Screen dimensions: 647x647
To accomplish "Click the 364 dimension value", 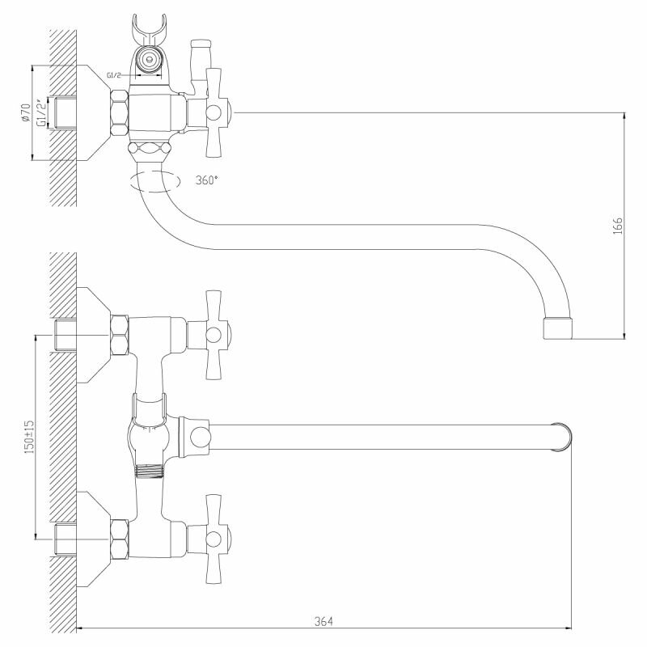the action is pos(323,621).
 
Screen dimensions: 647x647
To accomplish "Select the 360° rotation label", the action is pos(206,180).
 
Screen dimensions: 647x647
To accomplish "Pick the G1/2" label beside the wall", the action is pos(40,112).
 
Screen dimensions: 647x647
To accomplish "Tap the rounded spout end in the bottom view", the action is pos(563,438).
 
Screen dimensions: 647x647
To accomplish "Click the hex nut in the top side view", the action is pos(119,112).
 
